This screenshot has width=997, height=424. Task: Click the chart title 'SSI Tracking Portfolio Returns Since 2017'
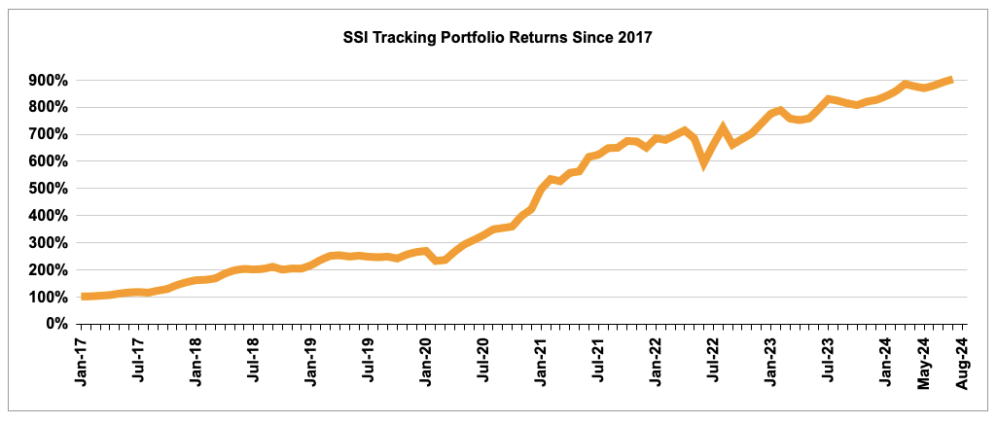coord(498,38)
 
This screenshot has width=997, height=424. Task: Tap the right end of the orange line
coord(951,80)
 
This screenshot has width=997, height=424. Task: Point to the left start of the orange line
coord(84,297)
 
